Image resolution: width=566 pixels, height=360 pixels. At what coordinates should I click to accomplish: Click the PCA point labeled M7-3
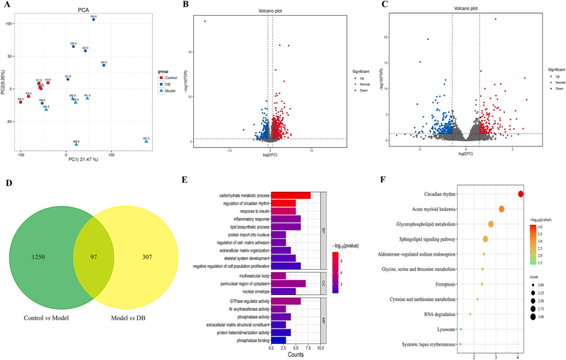click(x=146, y=141)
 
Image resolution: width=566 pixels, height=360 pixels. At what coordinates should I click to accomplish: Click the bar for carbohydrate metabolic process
click(x=290, y=195)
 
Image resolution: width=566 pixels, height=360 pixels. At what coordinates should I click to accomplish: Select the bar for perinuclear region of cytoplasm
click(x=288, y=283)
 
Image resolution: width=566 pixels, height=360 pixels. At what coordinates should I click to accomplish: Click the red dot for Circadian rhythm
click(x=520, y=194)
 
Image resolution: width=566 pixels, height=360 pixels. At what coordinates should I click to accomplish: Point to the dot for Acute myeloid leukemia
click(x=502, y=209)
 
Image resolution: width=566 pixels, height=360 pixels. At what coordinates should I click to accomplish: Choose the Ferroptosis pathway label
click(x=442, y=285)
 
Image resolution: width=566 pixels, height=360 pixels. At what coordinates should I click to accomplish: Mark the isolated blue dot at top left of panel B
click(x=204, y=21)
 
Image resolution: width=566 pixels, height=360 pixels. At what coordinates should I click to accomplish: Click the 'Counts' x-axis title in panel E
click(x=295, y=355)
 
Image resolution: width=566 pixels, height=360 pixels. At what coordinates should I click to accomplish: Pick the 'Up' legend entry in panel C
click(x=557, y=77)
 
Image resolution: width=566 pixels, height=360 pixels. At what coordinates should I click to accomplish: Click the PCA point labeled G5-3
click(x=94, y=19)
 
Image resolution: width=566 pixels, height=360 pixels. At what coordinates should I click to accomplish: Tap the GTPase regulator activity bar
click(x=286, y=301)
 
